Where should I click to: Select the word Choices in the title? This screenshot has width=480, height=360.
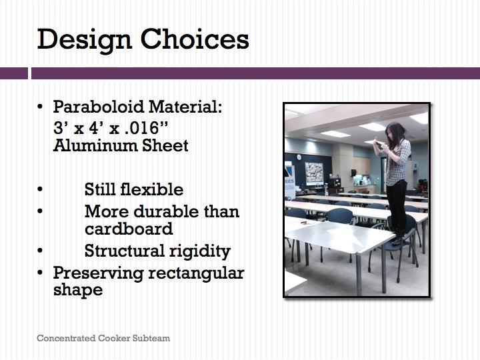[195, 39]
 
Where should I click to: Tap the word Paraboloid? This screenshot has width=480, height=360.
[99, 107]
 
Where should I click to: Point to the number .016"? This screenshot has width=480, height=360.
[146, 128]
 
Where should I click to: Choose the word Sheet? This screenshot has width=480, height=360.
[165, 145]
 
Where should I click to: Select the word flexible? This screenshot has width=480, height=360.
[152, 189]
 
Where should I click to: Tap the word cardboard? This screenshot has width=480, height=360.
[129, 229]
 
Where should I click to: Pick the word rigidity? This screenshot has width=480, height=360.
[200, 251]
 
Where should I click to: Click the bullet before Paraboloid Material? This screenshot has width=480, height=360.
[40, 107]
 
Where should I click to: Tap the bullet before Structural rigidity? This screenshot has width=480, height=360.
[40, 251]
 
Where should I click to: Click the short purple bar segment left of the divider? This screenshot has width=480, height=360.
[14, 73]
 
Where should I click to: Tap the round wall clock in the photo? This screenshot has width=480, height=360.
[299, 157]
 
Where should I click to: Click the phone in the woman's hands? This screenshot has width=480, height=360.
[379, 143]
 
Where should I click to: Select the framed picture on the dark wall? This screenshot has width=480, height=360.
[314, 173]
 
